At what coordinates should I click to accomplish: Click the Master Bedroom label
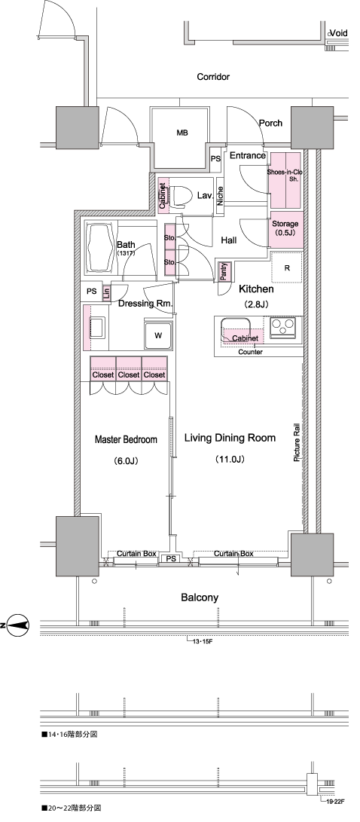point(125,440)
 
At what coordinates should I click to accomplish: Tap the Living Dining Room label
point(230,439)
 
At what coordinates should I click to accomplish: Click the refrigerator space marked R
point(287,268)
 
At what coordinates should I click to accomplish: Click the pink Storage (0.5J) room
point(286,230)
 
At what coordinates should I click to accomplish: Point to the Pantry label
point(223,271)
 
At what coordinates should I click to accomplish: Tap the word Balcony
point(200,597)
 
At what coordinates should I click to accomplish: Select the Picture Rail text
point(297,444)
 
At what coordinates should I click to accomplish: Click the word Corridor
point(213,77)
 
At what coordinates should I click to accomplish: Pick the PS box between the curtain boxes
point(171,559)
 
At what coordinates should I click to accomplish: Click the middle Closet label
point(128,374)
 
